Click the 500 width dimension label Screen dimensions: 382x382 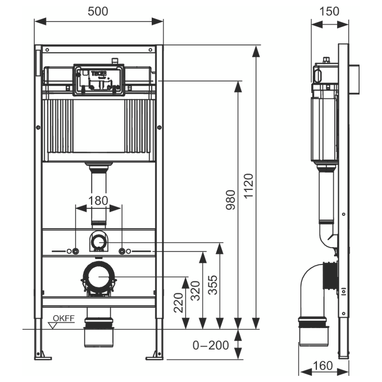[x=99, y=10]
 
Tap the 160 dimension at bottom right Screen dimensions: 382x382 [x=322, y=366]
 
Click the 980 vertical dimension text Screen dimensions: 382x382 [x=230, y=199]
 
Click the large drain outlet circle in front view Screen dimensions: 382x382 [x=99, y=277]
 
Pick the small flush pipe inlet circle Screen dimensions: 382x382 [x=99, y=242]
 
